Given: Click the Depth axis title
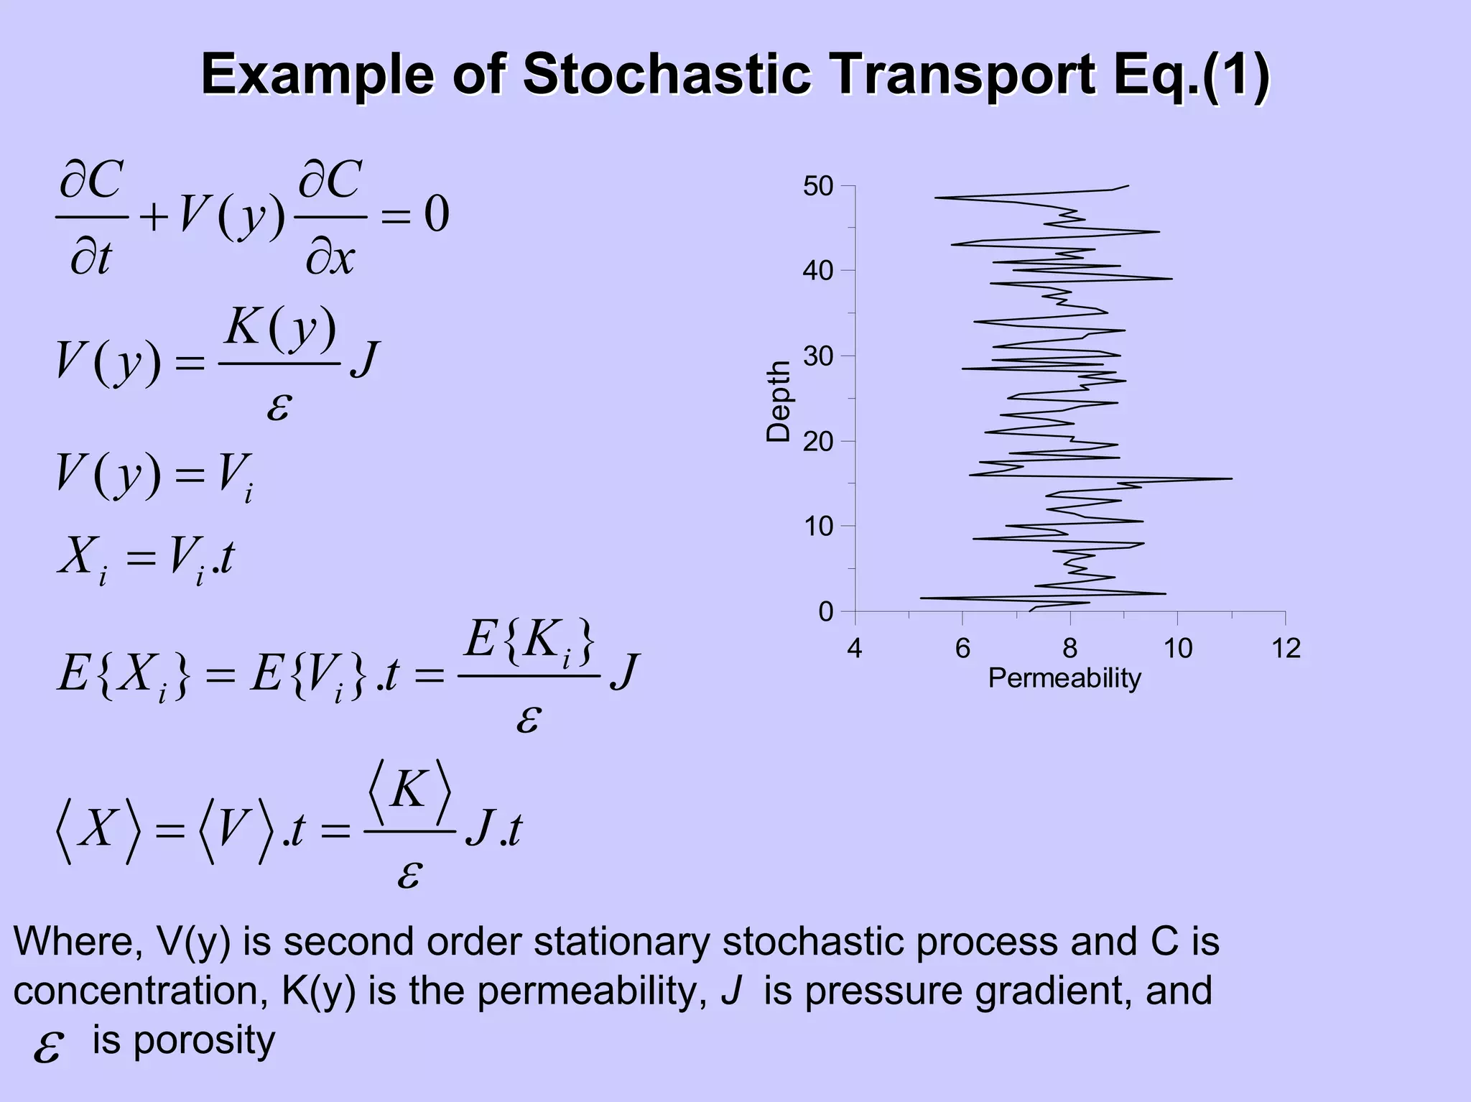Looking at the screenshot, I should (x=778, y=401).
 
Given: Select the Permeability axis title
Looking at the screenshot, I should (x=1064, y=678).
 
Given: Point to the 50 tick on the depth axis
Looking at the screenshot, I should (x=818, y=187).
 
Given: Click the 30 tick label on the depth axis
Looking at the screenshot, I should (x=818, y=356).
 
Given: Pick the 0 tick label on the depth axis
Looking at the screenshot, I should (x=826, y=612).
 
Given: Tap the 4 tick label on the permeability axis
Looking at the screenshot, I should (x=854, y=649).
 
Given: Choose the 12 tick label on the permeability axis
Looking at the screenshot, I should (x=1286, y=649).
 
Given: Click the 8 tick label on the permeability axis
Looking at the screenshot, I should (x=1069, y=649).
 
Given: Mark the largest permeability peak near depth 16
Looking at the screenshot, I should (x=1231, y=478).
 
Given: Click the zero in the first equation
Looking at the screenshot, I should (x=436, y=213).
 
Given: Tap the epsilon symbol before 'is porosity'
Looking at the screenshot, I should (x=48, y=1047).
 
